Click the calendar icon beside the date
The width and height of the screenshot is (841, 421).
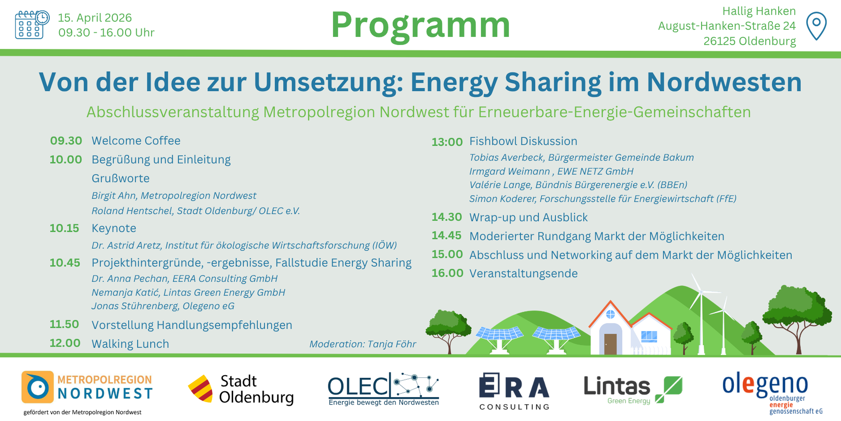point(32,25)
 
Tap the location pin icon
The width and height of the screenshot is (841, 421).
point(816,26)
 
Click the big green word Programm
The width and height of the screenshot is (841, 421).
point(420,25)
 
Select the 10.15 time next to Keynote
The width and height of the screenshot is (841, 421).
point(64,228)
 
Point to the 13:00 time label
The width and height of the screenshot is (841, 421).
point(447,142)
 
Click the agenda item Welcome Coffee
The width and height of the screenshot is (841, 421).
point(136,140)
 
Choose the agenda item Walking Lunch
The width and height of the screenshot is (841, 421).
point(130,344)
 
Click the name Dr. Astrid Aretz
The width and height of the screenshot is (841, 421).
point(126,245)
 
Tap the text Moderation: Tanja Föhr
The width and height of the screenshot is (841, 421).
point(362,344)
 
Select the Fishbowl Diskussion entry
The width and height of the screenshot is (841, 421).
point(523,141)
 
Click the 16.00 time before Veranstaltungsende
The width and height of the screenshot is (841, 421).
point(447,273)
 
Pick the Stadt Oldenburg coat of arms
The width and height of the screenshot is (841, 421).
point(200,389)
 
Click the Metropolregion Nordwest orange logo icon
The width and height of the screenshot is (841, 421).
point(38,387)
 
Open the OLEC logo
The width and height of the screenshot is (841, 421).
point(383,389)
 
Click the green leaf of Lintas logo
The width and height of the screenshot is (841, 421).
point(669,389)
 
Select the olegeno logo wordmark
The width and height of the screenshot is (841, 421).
point(765,385)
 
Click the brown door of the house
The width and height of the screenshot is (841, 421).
point(610,344)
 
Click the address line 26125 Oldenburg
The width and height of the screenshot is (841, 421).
point(749,41)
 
